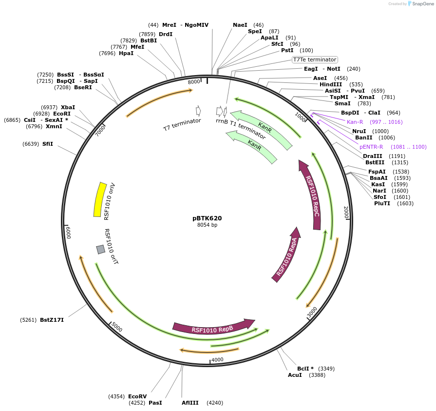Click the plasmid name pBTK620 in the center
(x=207, y=218)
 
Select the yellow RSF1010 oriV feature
(x=100, y=199)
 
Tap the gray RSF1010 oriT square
(x=101, y=250)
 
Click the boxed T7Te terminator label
(x=315, y=59)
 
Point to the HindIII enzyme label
(x=332, y=84)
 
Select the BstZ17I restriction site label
(x=52, y=320)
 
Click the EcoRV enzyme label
(x=137, y=396)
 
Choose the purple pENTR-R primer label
(x=371, y=147)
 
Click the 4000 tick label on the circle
(x=217, y=360)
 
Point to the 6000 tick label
(x=69, y=233)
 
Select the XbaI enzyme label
(x=68, y=107)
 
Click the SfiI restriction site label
(x=48, y=144)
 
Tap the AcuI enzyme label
(x=295, y=375)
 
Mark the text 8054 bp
(x=207, y=225)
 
